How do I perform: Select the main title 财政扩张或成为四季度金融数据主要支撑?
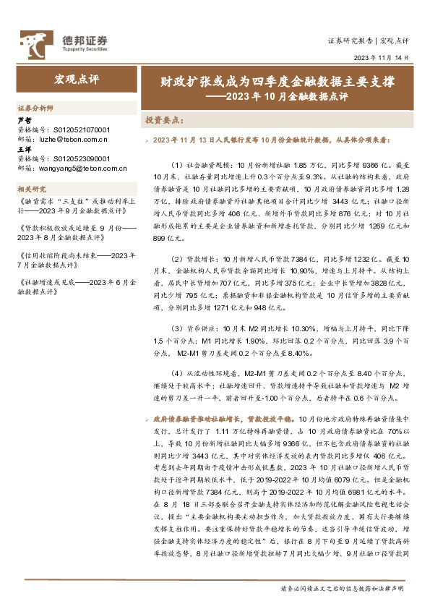pyautogui.click(x=278, y=82)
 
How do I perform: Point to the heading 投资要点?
pyautogui.click(x=165, y=119)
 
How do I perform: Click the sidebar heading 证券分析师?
pyautogui.click(x=35, y=108)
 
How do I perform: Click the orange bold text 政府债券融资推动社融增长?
pyautogui.click(x=202, y=419)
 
